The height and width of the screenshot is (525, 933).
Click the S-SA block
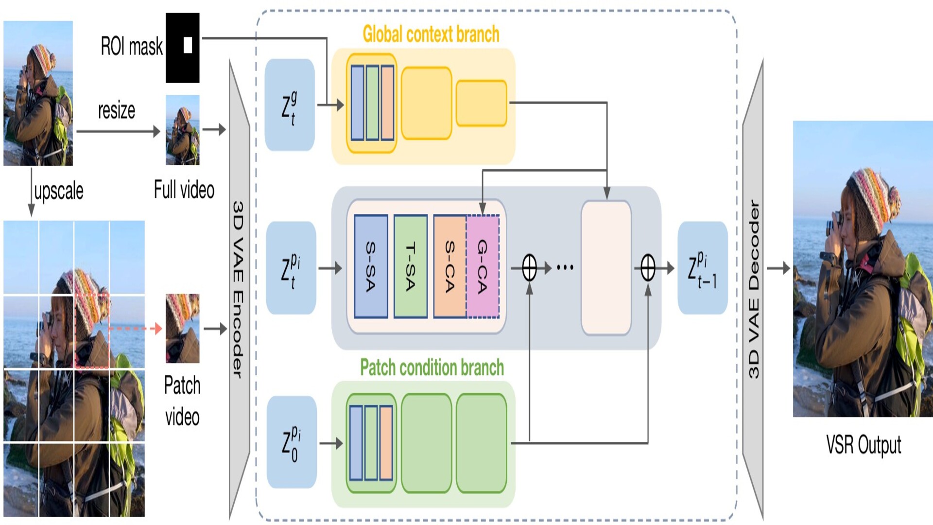pyautogui.click(x=371, y=266)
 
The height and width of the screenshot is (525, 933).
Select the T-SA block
pyautogui.click(x=411, y=266)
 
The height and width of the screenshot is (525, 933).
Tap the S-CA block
pyautogui.click(x=450, y=266)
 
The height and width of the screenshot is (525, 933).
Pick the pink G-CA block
pyautogui.click(x=483, y=266)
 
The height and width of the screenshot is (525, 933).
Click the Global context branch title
pyautogui.click(x=431, y=35)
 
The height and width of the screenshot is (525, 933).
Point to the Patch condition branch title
pyautogui.click(x=432, y=367)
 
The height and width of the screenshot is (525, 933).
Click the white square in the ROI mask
pyautogui.click(x=188, y=45)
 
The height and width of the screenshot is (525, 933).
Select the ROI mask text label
pyautogui.click(x=131, y=47)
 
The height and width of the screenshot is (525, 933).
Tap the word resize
pyautogui.click(x=117, y=110)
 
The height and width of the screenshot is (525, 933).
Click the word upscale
pyautogui.click(x=59, y=191)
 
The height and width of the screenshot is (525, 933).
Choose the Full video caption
pyautogui.click(x=184, y=190)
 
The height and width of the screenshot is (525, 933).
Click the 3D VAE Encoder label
pyautogui.click(x=238, y=289)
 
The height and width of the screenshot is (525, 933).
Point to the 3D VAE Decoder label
pyautogui.click(x=753, y=289)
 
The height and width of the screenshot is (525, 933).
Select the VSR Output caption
pyautogui.click(x=864, y=445)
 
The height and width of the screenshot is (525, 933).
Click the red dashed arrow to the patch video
pyautogui.click(x=135, y=329)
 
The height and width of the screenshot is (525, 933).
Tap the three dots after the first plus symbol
pyautogui.click(x=565, y=267)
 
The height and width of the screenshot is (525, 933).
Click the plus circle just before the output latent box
pyautogui.click(x=648, y=268)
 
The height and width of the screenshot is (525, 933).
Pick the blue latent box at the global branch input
pyautogui.click(x=290, y=105)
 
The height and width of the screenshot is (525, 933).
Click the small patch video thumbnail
pyautogui.click(x=182, y=329)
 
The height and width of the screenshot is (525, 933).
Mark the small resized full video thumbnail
pyautogui.click(x=182, y=130)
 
